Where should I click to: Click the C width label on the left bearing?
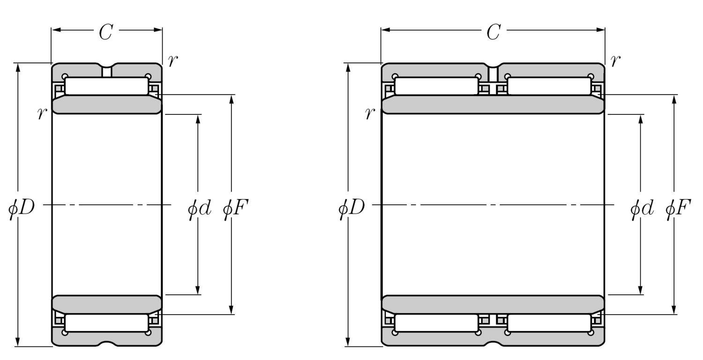[106, 32]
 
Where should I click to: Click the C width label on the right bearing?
[493, 32]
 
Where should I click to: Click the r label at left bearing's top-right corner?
[172, 60]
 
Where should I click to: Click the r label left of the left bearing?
[42, 113]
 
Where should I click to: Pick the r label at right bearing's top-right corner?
[615, 60]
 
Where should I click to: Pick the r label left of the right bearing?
[370, 113]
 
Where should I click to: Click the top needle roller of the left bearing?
[107, 86]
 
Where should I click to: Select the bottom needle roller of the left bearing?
[107, 323]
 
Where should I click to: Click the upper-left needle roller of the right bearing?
[436, 86]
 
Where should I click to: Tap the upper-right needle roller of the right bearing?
[549, 86]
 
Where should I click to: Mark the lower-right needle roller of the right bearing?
[549, 323]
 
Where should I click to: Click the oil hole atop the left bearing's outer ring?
[107, 71]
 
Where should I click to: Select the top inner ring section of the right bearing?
[493, 105]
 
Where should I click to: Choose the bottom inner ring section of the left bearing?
[107, 304]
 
